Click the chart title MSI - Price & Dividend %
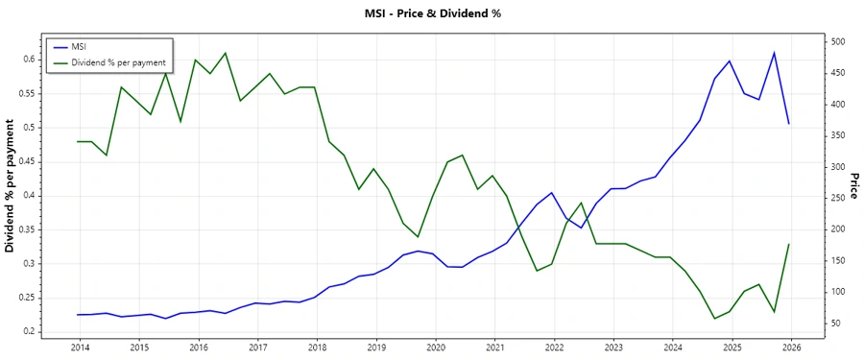click(432, 13)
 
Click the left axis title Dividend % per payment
click(11, 187)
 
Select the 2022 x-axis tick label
click(554, 347)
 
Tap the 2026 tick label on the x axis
click(791, 347)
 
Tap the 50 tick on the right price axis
click(834, 324)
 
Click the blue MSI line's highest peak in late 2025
click(774, 53)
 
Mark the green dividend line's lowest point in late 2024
click(714, 319)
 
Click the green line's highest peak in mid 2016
click(226, 53)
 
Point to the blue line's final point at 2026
click(789, 123)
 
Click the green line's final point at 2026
click(789, 244)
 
